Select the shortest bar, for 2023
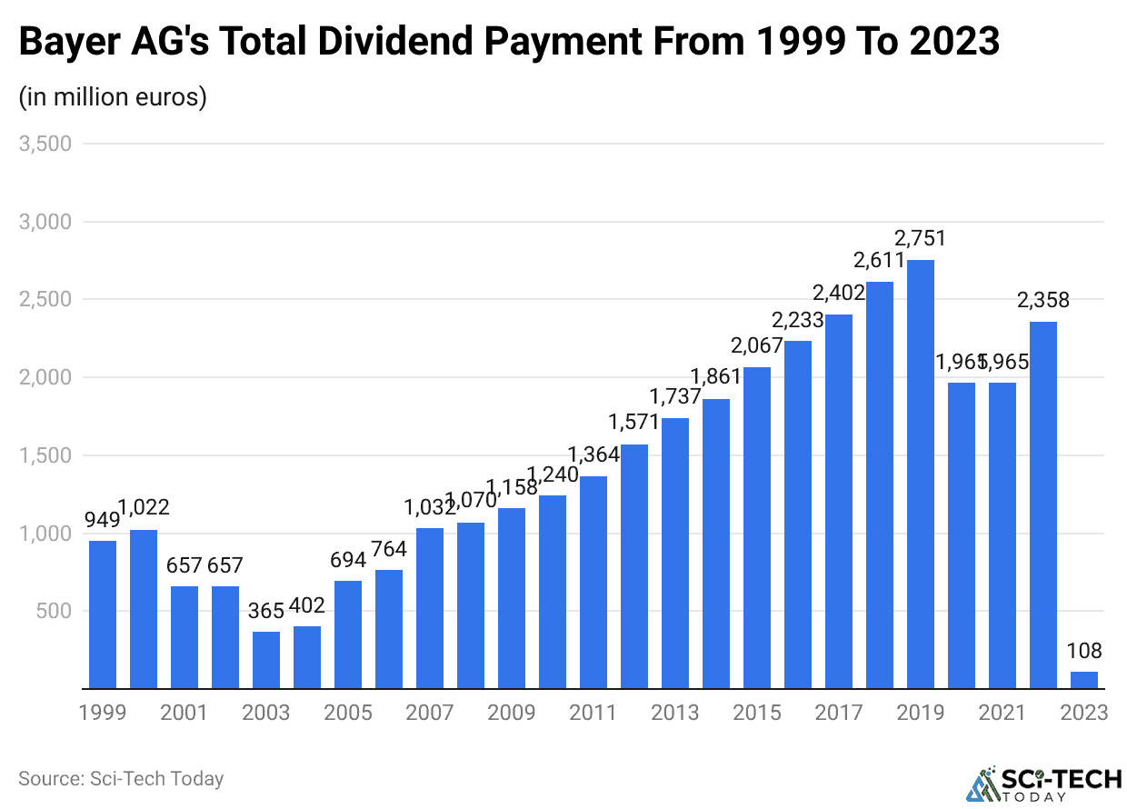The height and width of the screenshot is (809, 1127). (x=1084, y=680)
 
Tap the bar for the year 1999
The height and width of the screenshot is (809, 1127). (x=103, y=614)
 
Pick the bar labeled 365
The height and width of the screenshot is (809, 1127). (x=266, y=660)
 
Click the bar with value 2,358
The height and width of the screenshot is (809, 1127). (x=1043, y=505)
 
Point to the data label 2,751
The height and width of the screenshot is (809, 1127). (x=921, y=239)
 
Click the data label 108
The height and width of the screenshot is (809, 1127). (x=1084, y=651)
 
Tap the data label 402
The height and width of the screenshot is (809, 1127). (x=307, y=605)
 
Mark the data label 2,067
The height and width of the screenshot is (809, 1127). (x=757, y=346)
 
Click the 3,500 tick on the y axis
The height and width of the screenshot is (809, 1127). (x=46, y=144)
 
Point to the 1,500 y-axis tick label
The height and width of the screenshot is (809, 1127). (x=46, y=455)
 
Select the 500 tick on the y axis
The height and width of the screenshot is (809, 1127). (x=55, y=611)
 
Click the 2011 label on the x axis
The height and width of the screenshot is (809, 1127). (x=593, y=712)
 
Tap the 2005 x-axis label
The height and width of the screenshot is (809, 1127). (x=348, y=712)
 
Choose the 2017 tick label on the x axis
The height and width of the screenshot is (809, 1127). (x=839, y=712)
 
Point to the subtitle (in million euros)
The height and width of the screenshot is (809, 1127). (x=113, y=96)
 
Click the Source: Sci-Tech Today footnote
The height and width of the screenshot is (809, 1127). (x=121, y=779)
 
